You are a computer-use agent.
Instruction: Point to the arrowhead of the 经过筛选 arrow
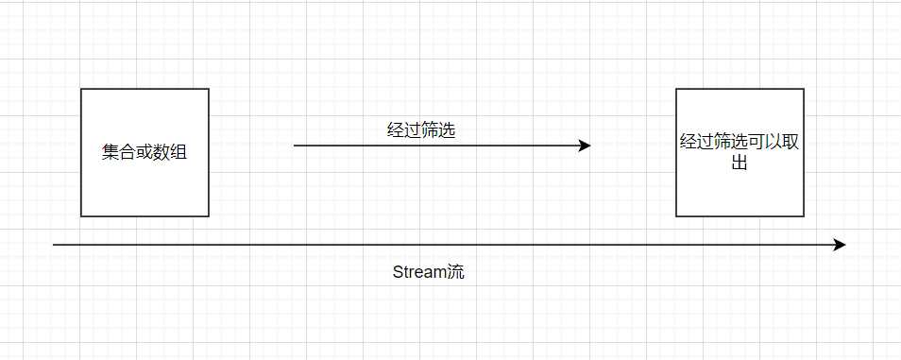coord(585,146)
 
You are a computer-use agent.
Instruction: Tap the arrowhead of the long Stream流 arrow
coord(840,245)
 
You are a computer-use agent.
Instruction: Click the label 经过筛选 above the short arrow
coord(422,130)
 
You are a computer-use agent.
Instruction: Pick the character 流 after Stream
coord(456,272)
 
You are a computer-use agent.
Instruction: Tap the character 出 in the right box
coord(739,163)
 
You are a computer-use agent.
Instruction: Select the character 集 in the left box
coord(110,152)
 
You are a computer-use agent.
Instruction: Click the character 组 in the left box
coord(178,152)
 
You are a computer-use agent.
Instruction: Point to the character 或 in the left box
coord(144,152)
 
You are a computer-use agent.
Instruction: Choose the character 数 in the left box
coord(161,152)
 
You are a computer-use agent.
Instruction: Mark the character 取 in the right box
coord(790,142)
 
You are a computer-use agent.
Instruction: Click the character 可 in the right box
coord(756,142)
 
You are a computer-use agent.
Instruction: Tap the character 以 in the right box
coord(773,142)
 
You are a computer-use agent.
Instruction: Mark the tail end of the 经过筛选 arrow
coord(295,146)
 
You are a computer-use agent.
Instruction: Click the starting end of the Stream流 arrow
coord(54,245)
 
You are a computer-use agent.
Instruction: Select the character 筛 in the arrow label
coord(430,130)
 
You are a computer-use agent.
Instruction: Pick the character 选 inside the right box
coord(739,142)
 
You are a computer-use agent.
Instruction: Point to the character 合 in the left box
coord(127,152)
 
